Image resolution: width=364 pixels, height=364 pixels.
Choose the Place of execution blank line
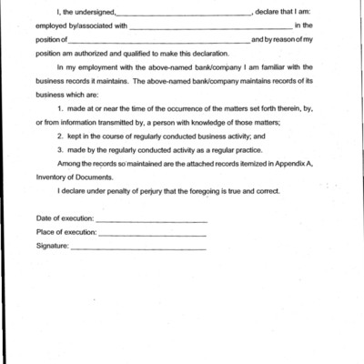pyautogui.click(x=152, y=234)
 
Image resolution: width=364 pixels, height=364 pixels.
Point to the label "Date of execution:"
pyautogui.click(x=65, y=219)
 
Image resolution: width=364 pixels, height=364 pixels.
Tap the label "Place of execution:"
pyautogui.click(x=66, y=232)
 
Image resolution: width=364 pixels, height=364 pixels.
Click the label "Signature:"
pyautogui.click(x=52, y=246)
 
